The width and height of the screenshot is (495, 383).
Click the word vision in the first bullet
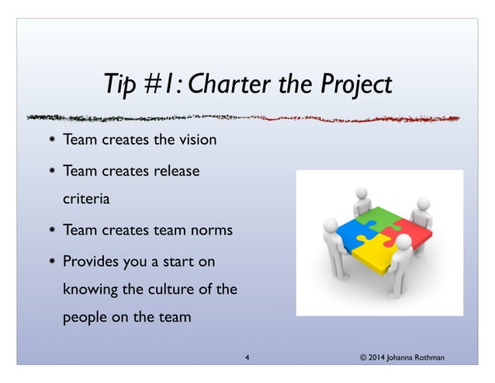194,141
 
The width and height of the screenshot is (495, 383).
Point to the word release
178,169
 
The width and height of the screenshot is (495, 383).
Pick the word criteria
86,198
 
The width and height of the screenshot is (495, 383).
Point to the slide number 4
247,357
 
